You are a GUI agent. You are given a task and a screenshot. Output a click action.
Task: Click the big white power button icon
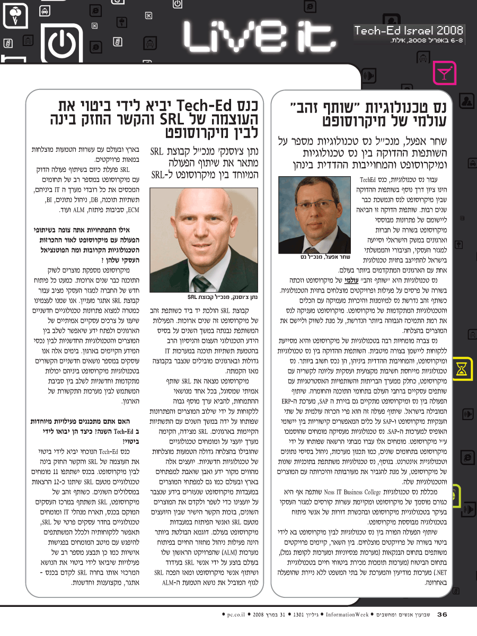tap(61, 42)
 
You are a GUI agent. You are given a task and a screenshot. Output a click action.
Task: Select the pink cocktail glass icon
tap(444, 73)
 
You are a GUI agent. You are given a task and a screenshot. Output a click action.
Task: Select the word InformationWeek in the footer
tap(344, 614)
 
